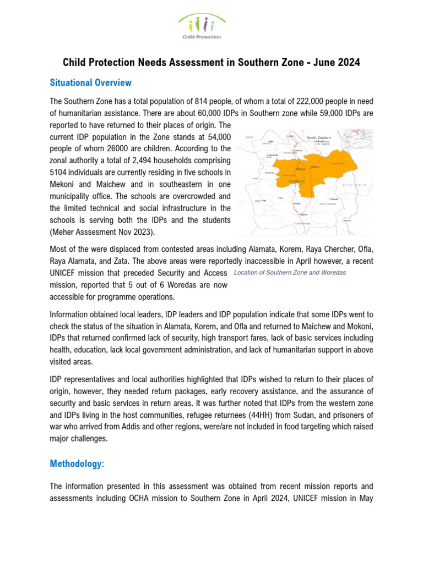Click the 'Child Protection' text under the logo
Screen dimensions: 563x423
point(202,37)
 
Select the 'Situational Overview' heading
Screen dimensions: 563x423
point(90,82)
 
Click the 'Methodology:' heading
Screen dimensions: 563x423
point(77,463)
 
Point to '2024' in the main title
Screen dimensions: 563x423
point(349,62)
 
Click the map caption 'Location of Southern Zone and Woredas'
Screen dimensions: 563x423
point(290,273)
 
